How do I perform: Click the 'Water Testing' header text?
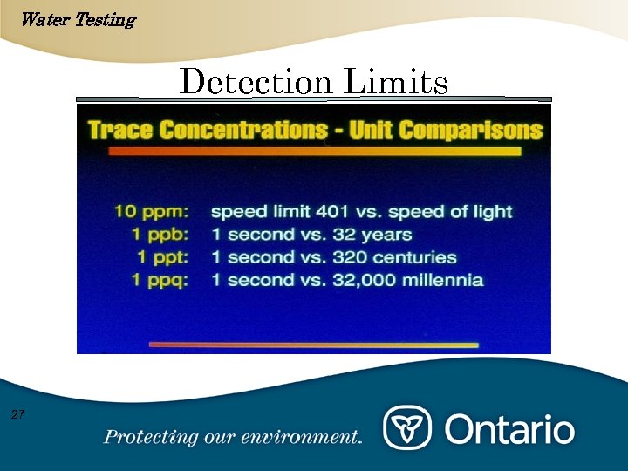pyautogui.click(x=77, y=19)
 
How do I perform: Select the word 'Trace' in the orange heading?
pyautogui.click(x=119, y=131)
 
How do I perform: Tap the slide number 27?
pyautogui.click(x=17, y=413)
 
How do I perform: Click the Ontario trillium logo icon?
pyautogui.click(x=407, y=429)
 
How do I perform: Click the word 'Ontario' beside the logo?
pyautogui.click(x=510, y=429)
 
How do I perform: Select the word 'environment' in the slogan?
pyautogui.click(x=310, y=437)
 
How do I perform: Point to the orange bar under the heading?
pyautogui.click(x=314, y=152)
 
